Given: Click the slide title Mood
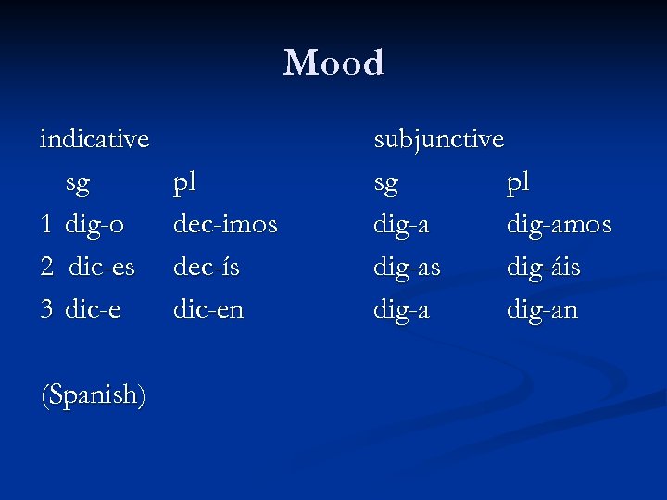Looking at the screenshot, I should [333, 63].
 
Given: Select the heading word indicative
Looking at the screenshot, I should [94, 140].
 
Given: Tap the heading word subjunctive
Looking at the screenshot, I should [438, 140].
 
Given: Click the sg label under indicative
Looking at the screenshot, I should [78, 183].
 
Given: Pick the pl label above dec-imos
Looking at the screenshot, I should [185, 182].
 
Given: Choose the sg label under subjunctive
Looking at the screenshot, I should [385, 183].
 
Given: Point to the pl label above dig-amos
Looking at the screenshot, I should [518, 182].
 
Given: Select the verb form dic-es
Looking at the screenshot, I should [100, 268].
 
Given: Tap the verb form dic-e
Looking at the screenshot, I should [93, 309].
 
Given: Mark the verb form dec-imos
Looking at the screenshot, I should [225, 225].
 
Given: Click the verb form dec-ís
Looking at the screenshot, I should [206, 268].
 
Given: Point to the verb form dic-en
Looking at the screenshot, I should [208, 309].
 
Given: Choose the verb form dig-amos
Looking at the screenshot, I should [559, 225].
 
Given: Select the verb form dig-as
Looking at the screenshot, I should [407, 268].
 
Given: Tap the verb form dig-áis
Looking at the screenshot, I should [543, 268].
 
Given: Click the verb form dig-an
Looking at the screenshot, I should [541, 309].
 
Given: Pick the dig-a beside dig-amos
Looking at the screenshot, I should [401, 225].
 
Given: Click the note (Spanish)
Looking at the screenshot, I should [94, 395].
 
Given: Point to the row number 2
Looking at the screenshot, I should [47, 268].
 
